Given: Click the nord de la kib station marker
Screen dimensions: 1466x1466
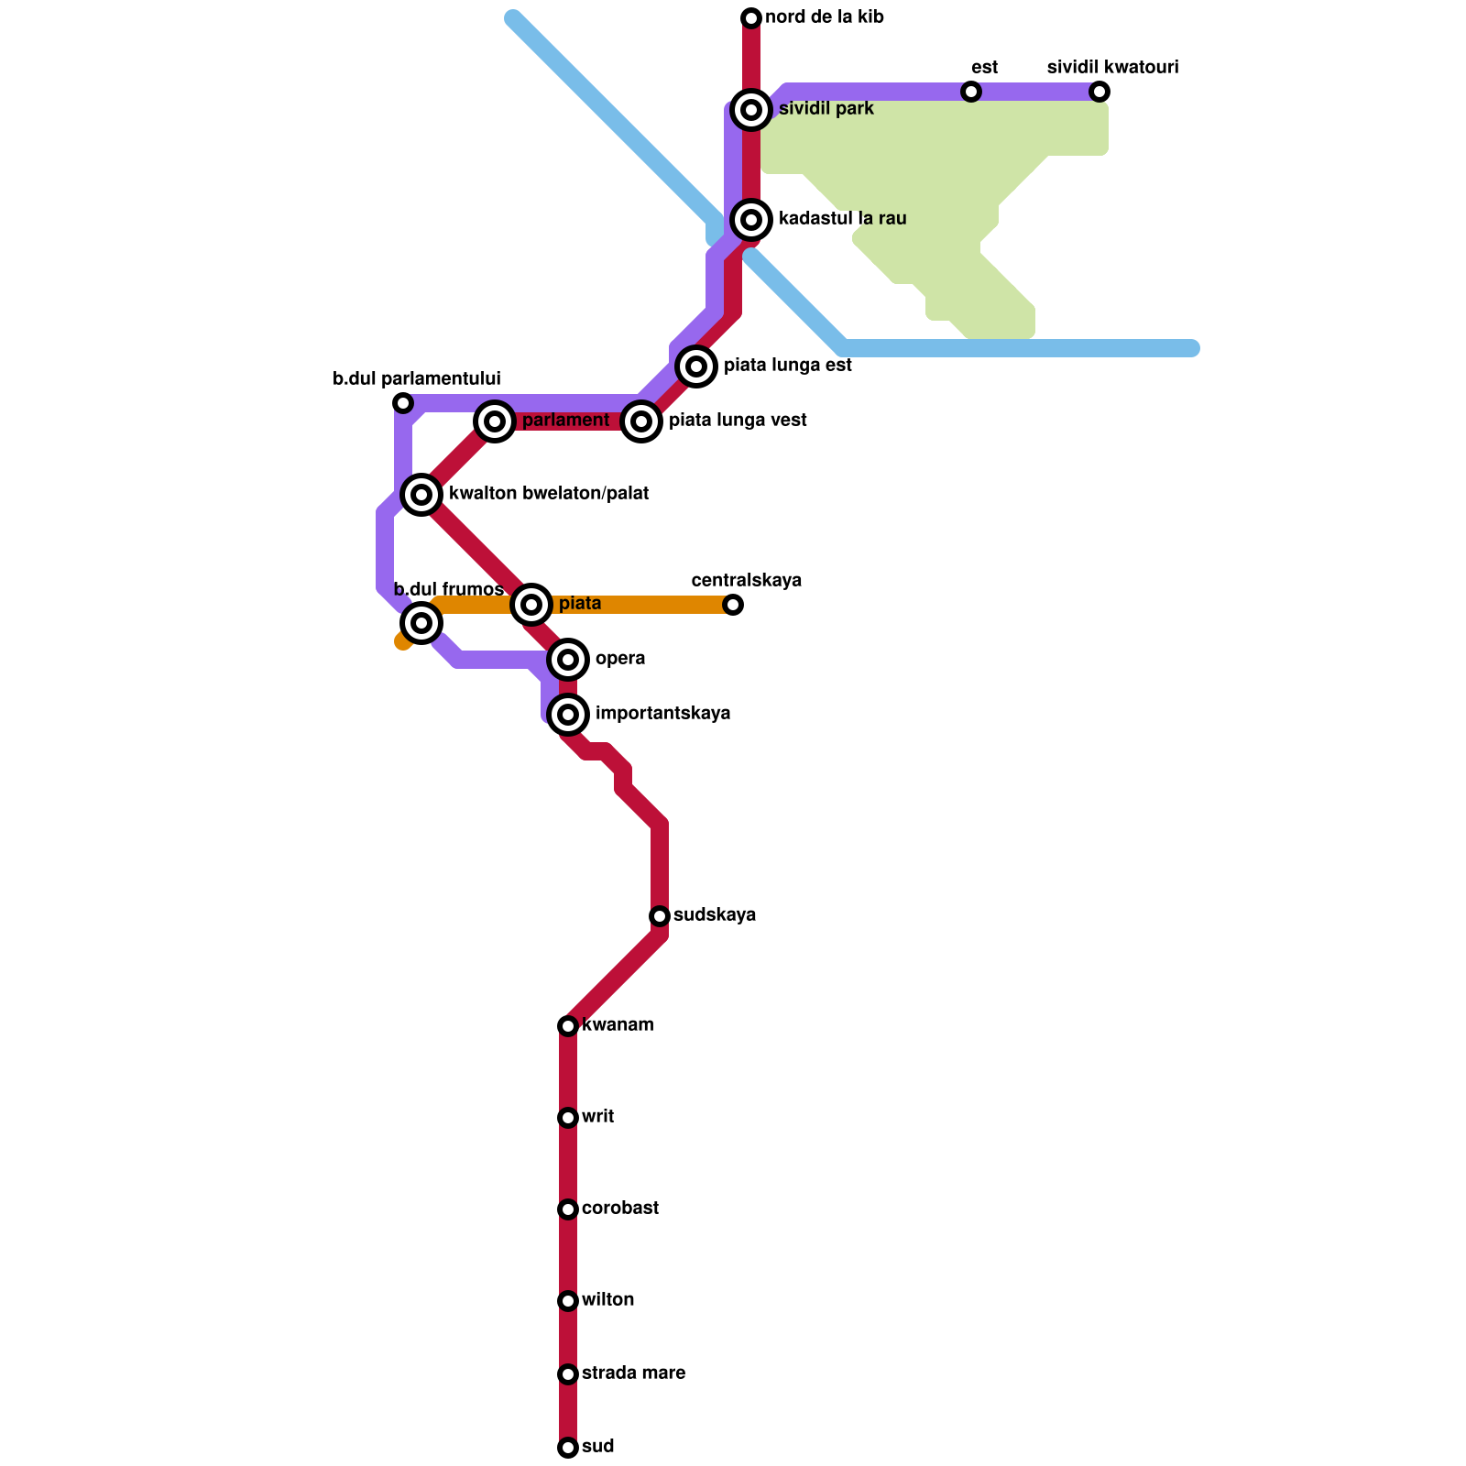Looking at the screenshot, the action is click(751, 18).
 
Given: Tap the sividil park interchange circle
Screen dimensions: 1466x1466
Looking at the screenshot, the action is click(751, 110).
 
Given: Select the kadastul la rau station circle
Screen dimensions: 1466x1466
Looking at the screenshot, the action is click(751, 220).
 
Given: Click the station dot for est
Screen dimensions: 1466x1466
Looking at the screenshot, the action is click(971, 92).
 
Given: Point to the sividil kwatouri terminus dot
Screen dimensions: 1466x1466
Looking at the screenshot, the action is click(1099, 92).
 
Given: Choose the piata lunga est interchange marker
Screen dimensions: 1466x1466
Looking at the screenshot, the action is click(696, 366).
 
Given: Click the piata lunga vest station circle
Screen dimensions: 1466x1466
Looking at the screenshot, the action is click(641, 421).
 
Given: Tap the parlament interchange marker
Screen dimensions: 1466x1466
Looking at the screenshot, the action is click(495, 421).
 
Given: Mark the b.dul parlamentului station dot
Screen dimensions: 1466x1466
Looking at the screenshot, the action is click(403, 403).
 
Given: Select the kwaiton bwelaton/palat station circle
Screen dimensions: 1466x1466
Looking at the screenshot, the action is click(421, 495).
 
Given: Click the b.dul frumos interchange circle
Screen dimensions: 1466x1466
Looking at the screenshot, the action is click(421, 623).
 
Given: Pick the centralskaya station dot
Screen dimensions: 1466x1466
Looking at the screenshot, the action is click(733, 605).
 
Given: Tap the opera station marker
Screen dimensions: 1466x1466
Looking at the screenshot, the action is click(568, 660).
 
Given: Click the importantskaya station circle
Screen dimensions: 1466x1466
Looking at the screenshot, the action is click(568, 715).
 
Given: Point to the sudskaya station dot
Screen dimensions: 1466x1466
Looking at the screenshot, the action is click(660, 916).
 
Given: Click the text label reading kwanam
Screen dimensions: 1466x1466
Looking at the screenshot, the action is click(618, 1025).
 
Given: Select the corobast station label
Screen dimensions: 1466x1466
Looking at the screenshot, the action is click(620, 1209).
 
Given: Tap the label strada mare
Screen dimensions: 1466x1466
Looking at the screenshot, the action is click(633, 1373).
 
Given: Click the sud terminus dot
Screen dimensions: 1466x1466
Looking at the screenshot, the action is click(568, 1448).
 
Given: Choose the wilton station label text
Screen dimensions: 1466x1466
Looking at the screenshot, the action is click(607, 1300).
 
